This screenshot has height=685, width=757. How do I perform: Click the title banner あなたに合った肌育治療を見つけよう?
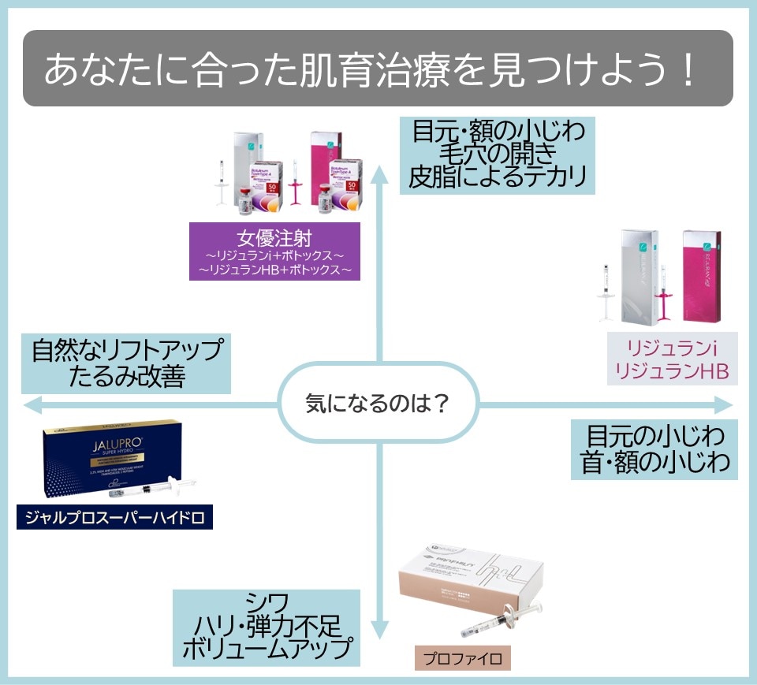[378, 69]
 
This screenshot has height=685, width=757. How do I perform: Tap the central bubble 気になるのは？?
[378, 405]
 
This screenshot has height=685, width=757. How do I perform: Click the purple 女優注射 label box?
[274, 251]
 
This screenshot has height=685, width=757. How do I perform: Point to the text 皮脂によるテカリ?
[498, 177]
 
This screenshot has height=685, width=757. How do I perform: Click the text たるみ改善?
[127, 377]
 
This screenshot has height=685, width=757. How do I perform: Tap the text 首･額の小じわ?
[655, 463]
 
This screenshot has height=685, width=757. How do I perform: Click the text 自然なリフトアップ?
[127, 350]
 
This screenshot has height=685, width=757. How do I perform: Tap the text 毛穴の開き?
[498, 154]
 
